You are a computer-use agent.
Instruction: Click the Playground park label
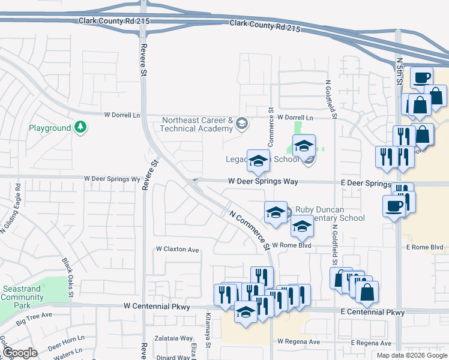[x=50, y=128]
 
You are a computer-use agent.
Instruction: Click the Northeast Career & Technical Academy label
[x=197, y=124]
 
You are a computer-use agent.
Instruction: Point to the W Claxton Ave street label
[x=177, y=249]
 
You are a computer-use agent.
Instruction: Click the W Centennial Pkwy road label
[x=157, y=307]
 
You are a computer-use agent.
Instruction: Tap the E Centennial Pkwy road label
[x=372, y=313]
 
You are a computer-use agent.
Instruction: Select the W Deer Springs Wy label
[x=112, y=179]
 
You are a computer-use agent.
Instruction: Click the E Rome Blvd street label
[x=424, y=247]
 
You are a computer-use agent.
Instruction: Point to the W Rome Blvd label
[x=293, y=245]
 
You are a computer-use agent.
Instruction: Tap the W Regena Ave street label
[x=298, y=341]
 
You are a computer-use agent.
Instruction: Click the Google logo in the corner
[x=20, y=353]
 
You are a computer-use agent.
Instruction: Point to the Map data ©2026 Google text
[x=412, y=355]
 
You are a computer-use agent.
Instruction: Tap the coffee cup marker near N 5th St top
[x=421, y=77]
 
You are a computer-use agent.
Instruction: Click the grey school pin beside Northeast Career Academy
[x=241, y=124]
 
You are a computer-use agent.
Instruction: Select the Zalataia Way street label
[x=174, y=338]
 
